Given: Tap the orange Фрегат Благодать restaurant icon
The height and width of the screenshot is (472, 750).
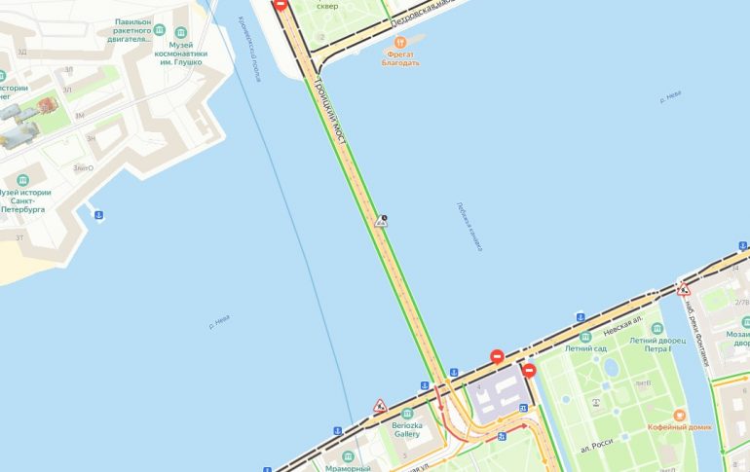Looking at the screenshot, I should tap(400, 43).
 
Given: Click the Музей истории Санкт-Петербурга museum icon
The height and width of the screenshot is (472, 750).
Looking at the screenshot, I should tap(22, 180).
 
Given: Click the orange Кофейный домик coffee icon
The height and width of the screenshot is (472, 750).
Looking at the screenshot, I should tap(680, 415).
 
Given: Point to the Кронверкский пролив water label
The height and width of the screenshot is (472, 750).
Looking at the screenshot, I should tap(249, 62).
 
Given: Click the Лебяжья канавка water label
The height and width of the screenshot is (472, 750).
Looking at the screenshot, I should tap(469, 226).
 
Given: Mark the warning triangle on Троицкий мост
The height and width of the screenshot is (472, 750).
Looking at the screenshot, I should tap(381, 221).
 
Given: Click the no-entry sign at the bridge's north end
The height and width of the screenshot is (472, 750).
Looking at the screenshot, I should tap(281, 5).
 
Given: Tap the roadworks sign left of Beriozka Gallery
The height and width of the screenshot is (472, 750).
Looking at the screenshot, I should tap(380, 405).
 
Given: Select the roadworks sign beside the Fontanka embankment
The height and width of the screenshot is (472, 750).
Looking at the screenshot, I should tap(683, 289).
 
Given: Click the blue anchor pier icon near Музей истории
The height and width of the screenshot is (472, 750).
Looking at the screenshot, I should tap(96, 213).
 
